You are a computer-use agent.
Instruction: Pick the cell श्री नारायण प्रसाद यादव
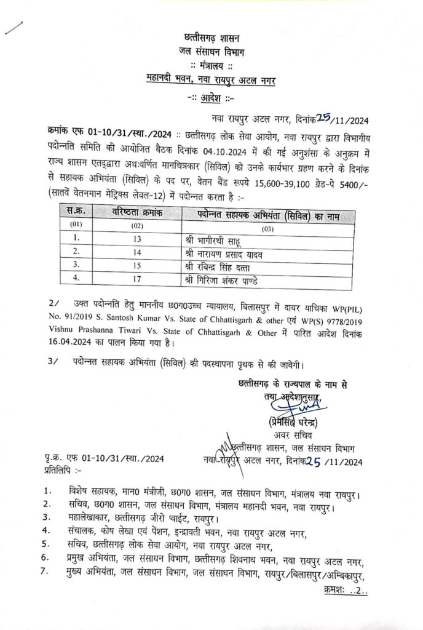[x=227, y=252]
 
